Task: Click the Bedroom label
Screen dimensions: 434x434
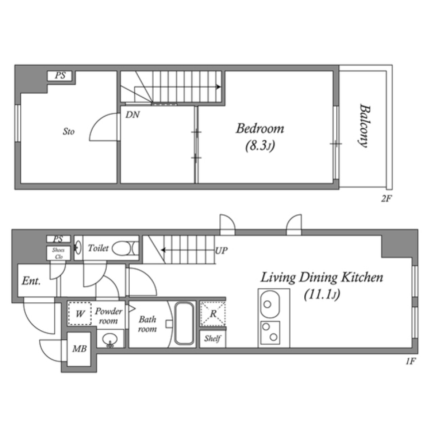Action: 260,129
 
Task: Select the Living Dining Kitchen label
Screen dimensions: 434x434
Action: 321,277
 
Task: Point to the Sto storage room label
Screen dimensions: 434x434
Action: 68,132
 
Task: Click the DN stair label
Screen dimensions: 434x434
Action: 132,115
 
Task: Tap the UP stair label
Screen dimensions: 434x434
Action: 221,250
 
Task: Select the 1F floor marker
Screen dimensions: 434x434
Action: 410,361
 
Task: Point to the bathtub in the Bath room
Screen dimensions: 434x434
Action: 184,323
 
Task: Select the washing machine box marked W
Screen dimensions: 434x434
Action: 80,313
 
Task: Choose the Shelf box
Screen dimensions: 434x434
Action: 212,339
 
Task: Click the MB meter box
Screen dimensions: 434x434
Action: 79,349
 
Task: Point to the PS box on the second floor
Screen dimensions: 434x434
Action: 61,75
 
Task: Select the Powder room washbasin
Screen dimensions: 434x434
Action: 109,340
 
